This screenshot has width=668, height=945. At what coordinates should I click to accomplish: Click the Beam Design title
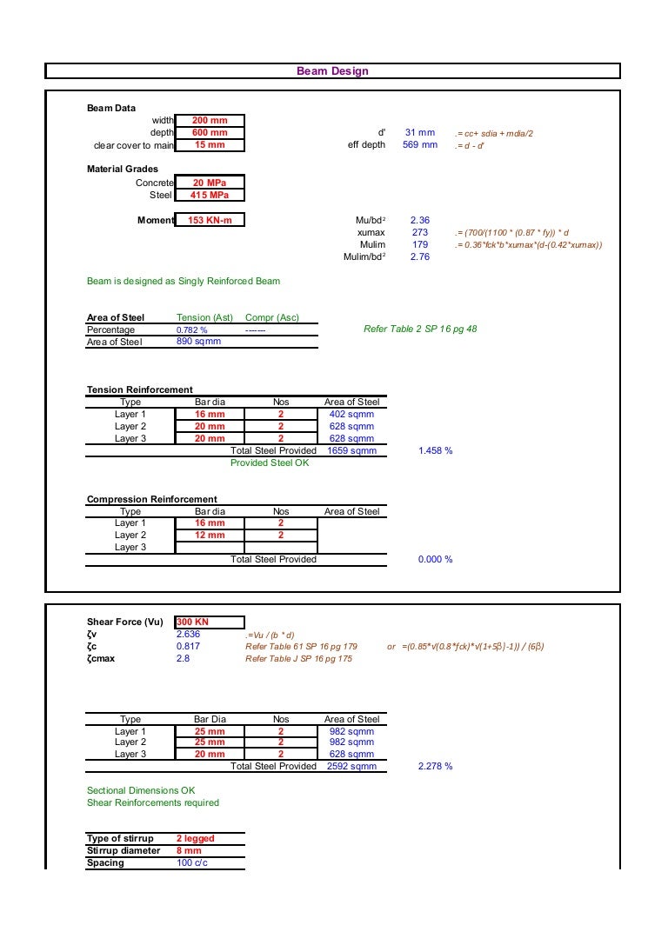click(332, 71)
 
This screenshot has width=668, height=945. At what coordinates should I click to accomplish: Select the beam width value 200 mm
click(210, 121)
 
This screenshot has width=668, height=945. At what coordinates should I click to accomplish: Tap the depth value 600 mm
click(210, 133)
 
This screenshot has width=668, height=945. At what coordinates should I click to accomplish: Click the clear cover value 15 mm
click(210, 145)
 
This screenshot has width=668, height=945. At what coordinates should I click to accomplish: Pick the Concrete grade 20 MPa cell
click(210, 183)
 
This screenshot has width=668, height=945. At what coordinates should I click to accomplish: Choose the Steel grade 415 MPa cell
click(210, 196)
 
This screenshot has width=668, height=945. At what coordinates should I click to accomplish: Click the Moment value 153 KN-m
click(210, 221)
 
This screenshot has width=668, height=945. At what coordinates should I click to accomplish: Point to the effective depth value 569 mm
click(419, 145)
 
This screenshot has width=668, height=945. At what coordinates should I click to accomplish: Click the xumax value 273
click(420, 233)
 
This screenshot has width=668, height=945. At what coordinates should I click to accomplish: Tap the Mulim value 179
click(420, 245)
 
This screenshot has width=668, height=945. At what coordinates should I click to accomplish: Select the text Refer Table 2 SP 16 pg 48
click(419, 329)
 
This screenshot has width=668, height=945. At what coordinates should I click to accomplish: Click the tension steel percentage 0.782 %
click(192, 330)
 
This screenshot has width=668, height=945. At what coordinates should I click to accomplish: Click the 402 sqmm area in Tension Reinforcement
click(351, 415)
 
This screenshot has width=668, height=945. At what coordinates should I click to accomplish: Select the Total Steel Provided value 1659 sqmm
click(351, 451)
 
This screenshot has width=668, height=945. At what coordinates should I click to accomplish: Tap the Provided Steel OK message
click(269, 463)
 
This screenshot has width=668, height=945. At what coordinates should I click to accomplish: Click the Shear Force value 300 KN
click(192, 622)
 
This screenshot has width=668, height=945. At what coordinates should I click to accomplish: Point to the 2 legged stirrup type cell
click(195, 839)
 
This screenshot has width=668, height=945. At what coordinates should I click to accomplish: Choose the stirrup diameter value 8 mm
click(189, 851)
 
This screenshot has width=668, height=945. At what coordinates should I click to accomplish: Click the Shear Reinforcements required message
click(153, 802)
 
